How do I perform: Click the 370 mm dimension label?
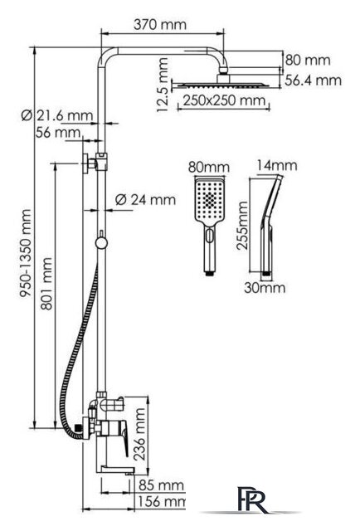[x=160, y=24]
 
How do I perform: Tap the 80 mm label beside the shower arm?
[x=308, y=61]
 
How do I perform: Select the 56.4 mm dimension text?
[x=313, y=80]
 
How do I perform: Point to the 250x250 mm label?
[x=224, y=100]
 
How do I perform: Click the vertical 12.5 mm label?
[x=163, y=85]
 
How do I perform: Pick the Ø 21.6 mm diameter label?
[x=57, y=115]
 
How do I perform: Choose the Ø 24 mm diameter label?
[x=145, y=199]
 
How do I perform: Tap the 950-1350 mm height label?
[x=26, y=253]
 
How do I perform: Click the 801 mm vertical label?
[x=46, y=284]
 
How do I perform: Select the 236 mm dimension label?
[x=139, y=434]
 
